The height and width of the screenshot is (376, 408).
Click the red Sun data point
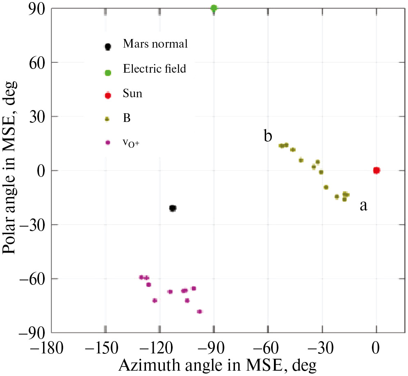pyautogui.click(x=376, y=170)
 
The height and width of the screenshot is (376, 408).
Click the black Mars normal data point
pyautogui.click(x=173, y=208)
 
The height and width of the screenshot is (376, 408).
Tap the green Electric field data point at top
pyautogui.click(x=214, y=8)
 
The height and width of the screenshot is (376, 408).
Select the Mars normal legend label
pyautogui.click(x=155, y=44)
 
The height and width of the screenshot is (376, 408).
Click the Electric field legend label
pyautogui.click(x=155, y=69)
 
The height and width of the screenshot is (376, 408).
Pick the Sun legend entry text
pyautogui.click(x=132, y=94)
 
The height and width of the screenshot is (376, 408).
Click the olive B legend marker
pyautogui.click(x=107, y=119)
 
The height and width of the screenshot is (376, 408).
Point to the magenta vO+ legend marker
pyautogui.click(x=108, y=142)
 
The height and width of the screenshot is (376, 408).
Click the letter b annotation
pyautogui.click(x=268, y=136)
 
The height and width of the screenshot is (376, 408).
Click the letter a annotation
pyautogui.click(x=363, y=206)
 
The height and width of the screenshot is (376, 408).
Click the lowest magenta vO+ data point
pyautogui.click(x=200, y=312)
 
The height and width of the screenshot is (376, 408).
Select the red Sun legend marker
pyautogui.click(x=108, y=96)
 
